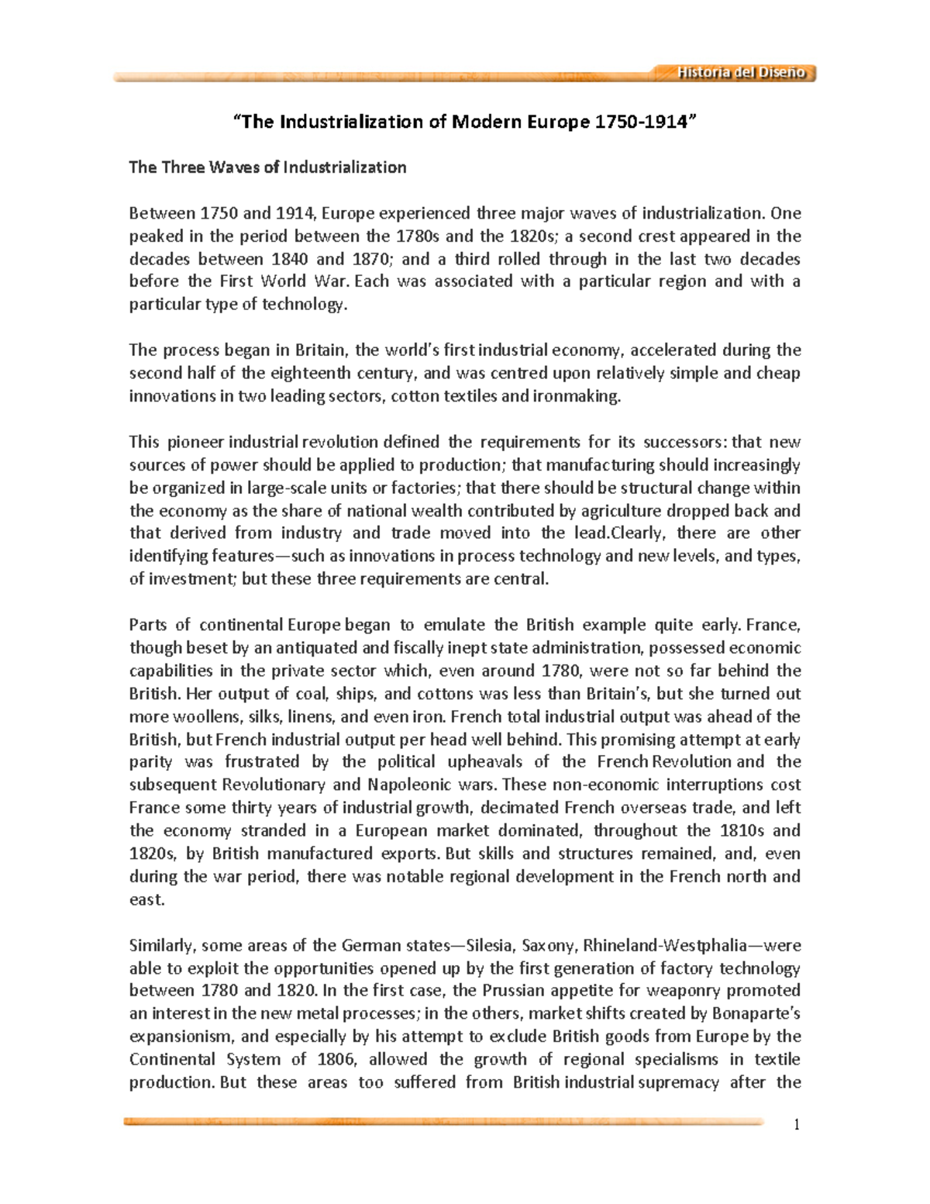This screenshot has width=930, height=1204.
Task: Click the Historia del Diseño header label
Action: (x=741, y=73)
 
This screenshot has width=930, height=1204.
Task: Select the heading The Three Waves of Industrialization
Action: (x=267, y=167)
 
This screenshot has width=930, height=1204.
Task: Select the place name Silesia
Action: (x=487, y=945)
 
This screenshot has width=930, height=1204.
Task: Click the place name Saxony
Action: (x=548, y=945)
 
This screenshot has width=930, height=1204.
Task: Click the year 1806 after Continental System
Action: (x=335, y=1059)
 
